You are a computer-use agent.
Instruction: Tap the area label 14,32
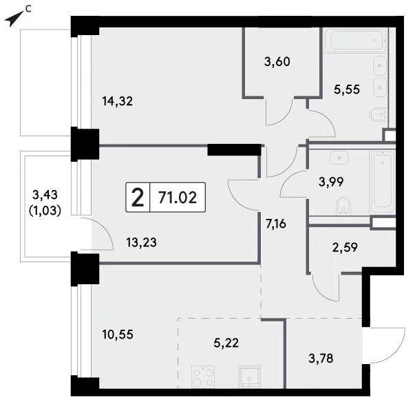(x=118, y=101)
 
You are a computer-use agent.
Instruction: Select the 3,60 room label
(x=277, y=62)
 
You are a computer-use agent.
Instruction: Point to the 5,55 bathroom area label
(x=347, y=89)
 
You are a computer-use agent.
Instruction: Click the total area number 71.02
(x=178, y=198)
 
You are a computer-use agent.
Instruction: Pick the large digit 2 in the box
(x=138, y=198)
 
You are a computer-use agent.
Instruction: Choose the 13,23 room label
(x=141, y=242)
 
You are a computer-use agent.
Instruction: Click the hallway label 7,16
(x=276, y=224)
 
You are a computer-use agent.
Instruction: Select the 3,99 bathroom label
(x=331, y=182)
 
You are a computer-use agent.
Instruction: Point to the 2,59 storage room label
(x=345, y=248)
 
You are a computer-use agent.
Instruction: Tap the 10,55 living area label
(x=118, y=334)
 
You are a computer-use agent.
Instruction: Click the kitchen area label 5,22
(x=226, y=343)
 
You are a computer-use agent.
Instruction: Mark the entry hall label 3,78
(x=321, y=359)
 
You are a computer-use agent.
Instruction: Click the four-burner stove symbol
(x=203, y=376)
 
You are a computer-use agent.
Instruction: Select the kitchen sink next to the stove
(x=249, y=376)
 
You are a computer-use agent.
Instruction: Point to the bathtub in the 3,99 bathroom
(x=383, y=182)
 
